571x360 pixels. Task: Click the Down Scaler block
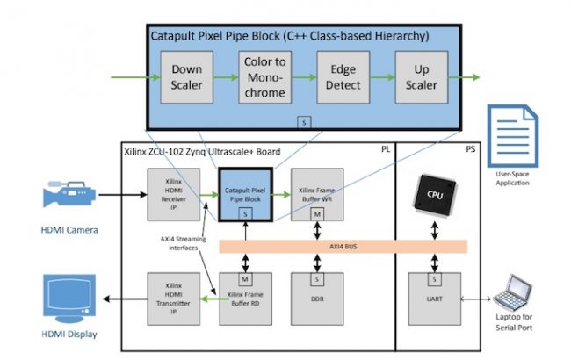click(x=186, y=77)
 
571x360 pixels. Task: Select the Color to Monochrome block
click(x=264, y=77)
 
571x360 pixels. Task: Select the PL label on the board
click(x=386, y=150)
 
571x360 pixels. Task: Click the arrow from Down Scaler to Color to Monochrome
click(x=225, y=77)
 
